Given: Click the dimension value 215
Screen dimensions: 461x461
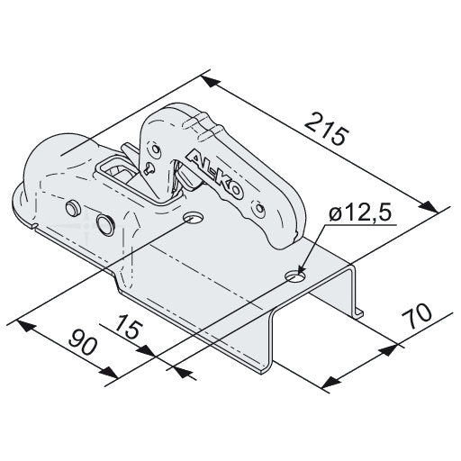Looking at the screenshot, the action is pyautogui.click(x=328, y=130).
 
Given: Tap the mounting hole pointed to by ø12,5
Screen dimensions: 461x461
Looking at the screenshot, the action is pyautogui.click(x=295, y=276).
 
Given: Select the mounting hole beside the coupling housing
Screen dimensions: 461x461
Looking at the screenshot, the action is pyautogui.click(x=194, y=218).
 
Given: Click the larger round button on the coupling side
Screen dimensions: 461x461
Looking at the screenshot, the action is pyautogui.click(x=105, y=223).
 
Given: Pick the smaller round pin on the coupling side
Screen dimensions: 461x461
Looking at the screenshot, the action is pyautogui.click(x=72, y=208).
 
